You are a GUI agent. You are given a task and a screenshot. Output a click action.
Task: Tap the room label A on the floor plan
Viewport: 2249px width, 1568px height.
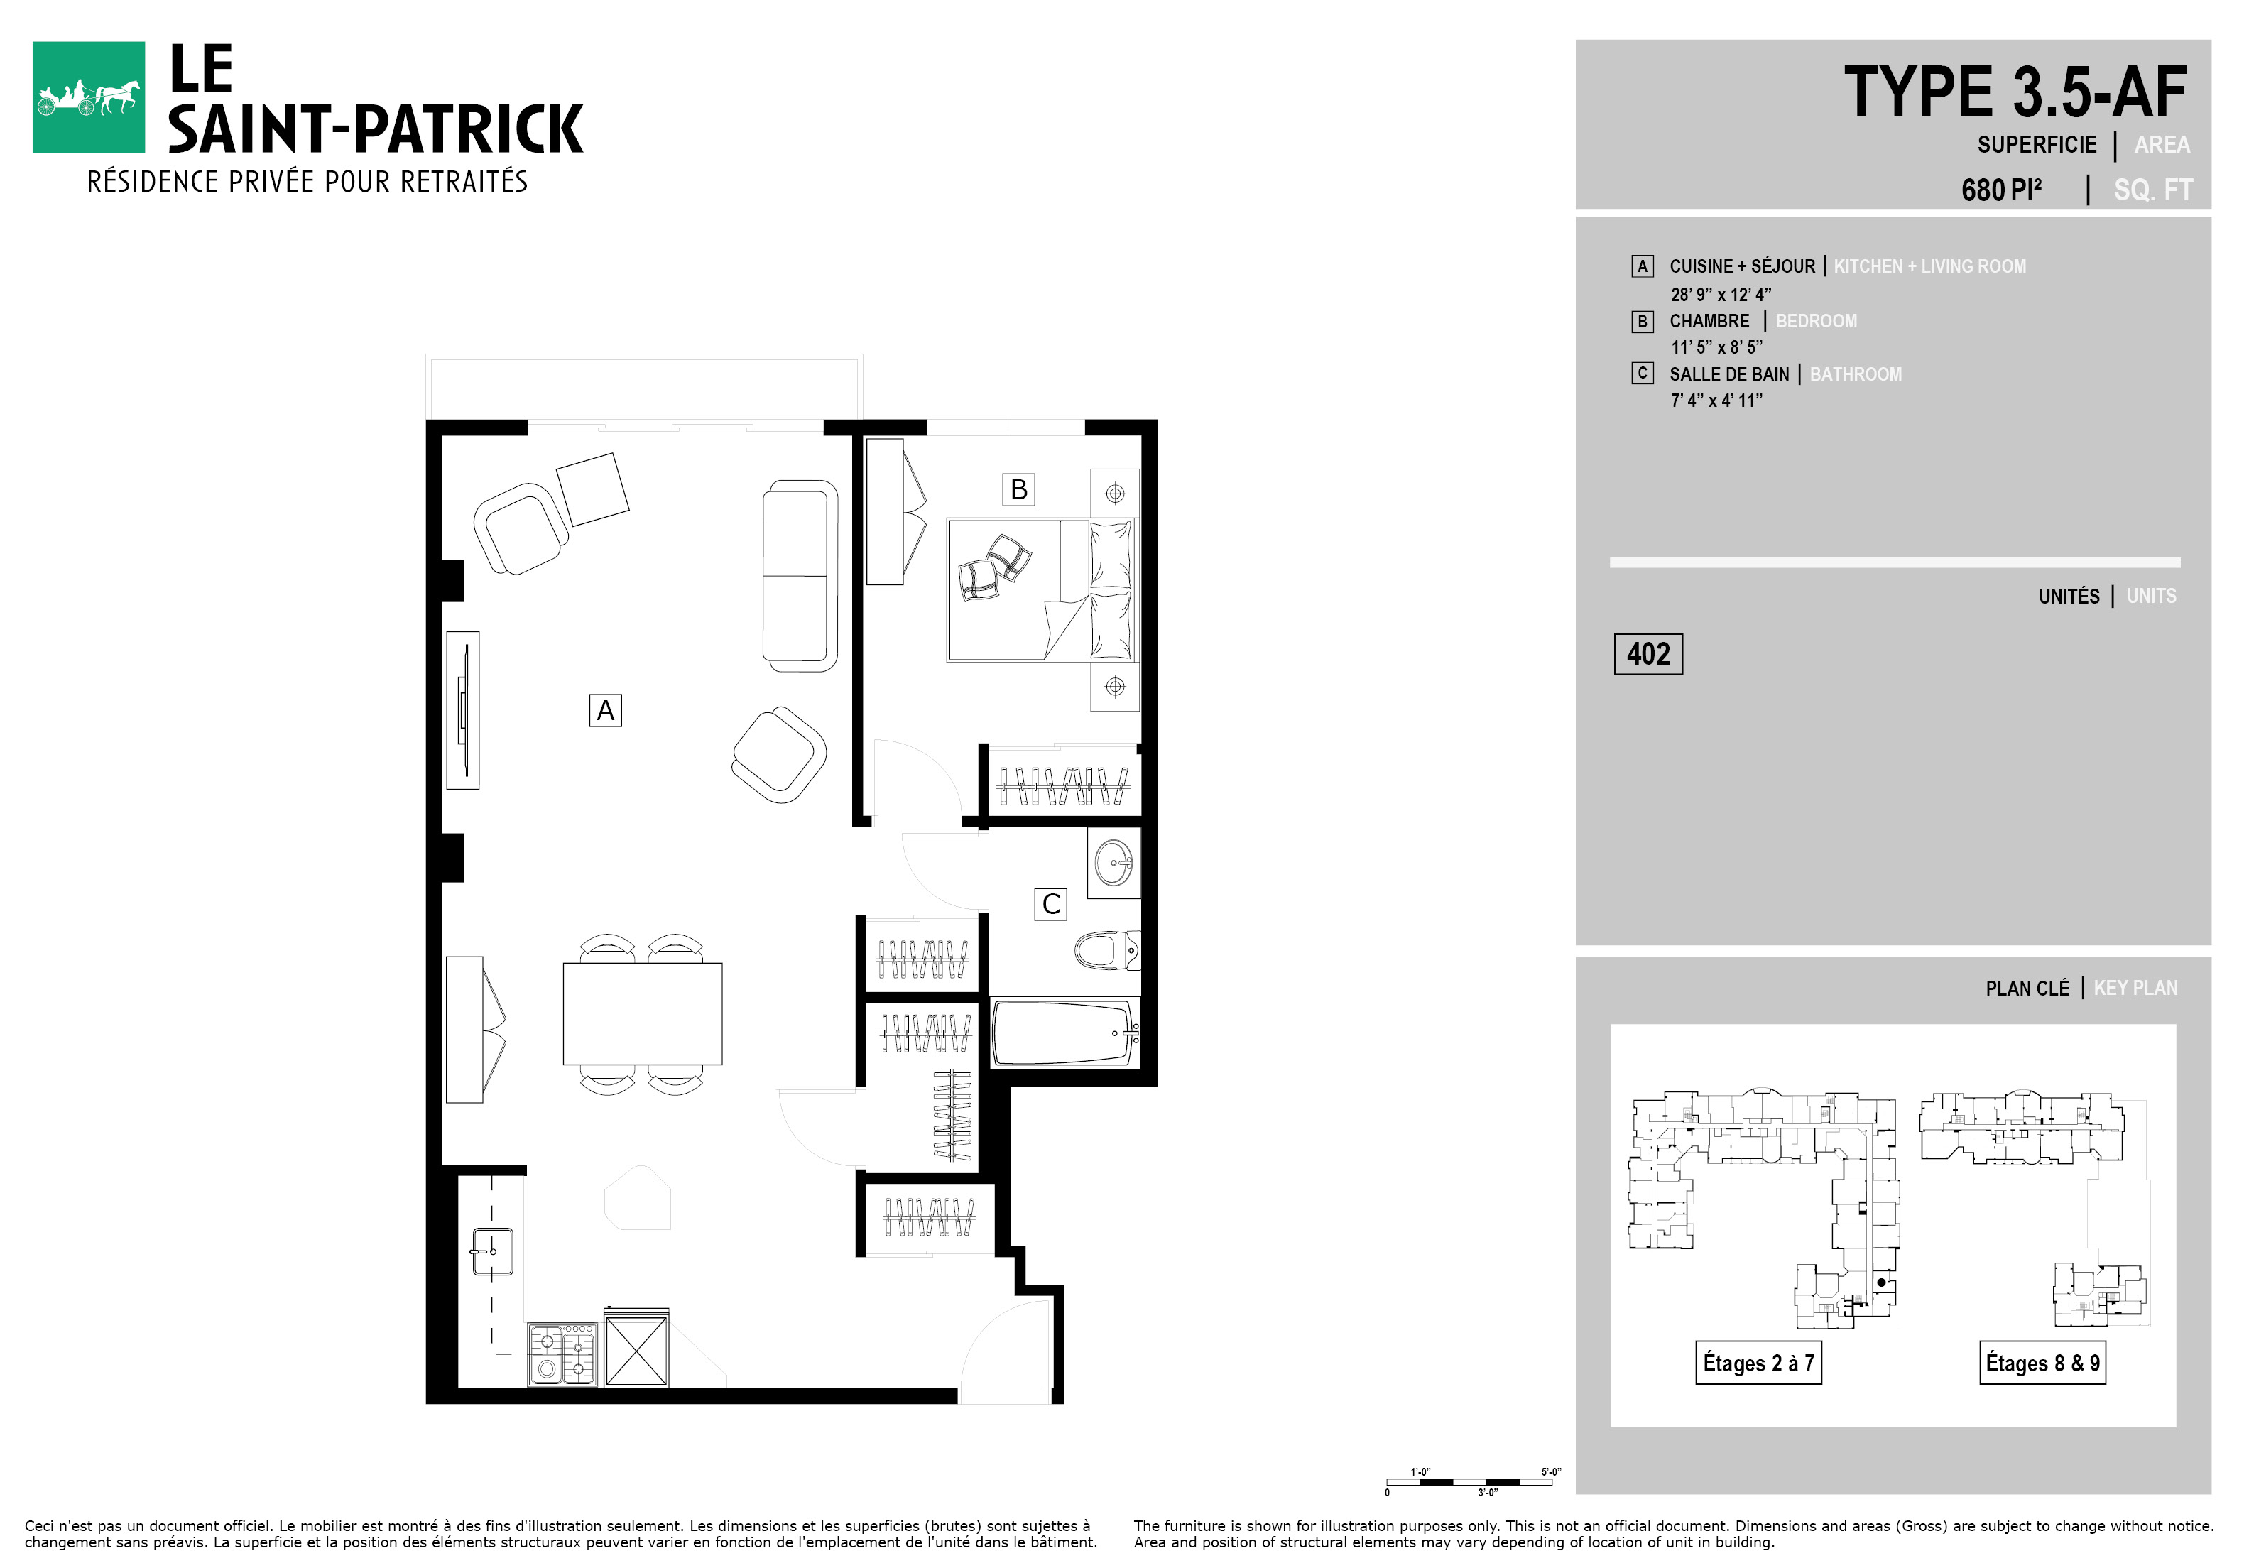pyautogui.click(x=605, y=710)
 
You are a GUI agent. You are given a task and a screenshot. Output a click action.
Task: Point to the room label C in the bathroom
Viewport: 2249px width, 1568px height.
pyautogui.click(x=1051, y=904)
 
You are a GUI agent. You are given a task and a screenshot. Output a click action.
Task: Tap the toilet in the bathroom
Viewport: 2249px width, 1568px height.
pyautogui.click(x=1108, y=950)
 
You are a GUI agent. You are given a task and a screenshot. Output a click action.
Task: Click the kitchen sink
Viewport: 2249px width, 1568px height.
pyautogui.click(x=493, y=1252)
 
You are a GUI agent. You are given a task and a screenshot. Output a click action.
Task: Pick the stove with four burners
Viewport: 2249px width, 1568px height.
pyautogui.click(x=563, y=1354)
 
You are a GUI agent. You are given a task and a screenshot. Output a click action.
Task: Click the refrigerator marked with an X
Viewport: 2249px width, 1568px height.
pyautogui.click(x=637, y=1348)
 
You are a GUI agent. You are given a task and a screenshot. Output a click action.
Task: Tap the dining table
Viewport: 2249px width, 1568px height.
pyautogui.click(x=643, y=1013)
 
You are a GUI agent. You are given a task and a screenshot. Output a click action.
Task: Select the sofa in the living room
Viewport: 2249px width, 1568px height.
pyautogui.click(x=800, y=576)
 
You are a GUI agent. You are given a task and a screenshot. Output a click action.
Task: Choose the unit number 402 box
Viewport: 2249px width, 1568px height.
pyautogui.click(x=1648, y=654)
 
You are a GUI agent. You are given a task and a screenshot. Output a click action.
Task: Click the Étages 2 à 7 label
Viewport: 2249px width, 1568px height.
pyautogui.click(x=1758, y=1362)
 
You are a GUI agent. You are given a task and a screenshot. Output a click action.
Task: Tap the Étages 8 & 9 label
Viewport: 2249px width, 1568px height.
pyautogui.click(x=2042, y=1362)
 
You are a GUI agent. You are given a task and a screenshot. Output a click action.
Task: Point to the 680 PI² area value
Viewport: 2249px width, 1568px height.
pyautogui.click(x=2001, y=189)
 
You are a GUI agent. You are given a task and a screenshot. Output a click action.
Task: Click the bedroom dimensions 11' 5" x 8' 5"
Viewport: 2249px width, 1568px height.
pyautogui.click(x=1717, y=347)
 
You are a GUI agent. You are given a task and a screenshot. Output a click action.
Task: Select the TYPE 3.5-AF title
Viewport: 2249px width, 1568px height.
pyautogui.click(x=2015, y=93)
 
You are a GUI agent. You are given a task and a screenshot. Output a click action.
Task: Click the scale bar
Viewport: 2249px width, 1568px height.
pyautogui.click(x=1470, y=1482)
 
